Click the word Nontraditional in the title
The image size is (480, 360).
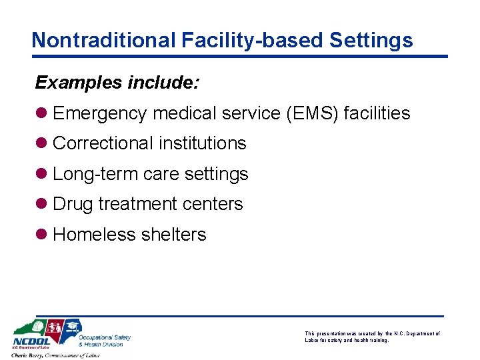(103, 40)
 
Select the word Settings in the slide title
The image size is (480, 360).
(371, 40)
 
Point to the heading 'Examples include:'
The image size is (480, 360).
(117, 83)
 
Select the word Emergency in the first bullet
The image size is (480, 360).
(99, 113)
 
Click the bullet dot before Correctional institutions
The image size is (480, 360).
(41, 143)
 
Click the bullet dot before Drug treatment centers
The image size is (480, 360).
(41, 204)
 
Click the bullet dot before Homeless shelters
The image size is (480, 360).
(41, 235)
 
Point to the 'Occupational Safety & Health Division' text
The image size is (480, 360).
(105, 341)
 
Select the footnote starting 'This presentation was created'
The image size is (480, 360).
(372, 337)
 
